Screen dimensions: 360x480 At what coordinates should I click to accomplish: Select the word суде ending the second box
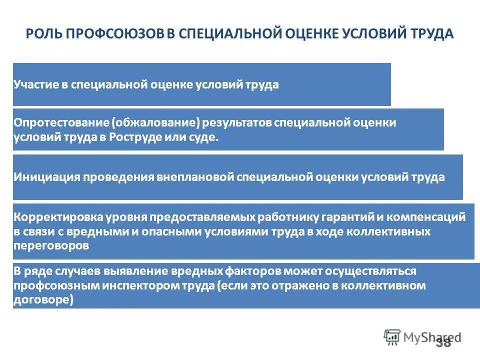coord(206,138)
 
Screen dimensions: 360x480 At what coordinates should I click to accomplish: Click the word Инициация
coord(45,177)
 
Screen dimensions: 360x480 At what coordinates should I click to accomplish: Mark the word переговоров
coord(51,246)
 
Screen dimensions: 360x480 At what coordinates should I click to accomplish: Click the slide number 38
coord(443,342)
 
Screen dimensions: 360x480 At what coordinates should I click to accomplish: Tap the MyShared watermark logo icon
coord(392,337)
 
